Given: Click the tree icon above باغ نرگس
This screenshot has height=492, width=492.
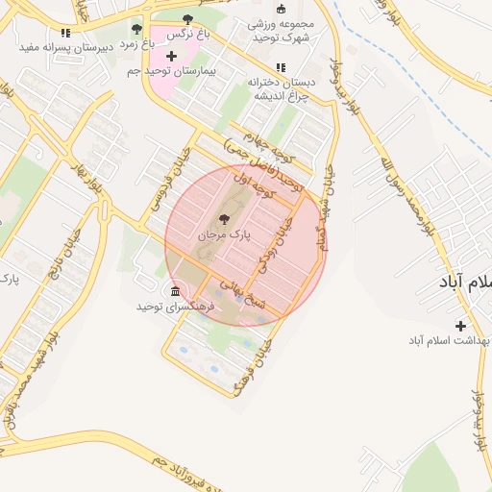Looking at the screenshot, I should click(186, 18).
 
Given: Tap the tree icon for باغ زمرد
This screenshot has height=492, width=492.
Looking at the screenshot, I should click(135, 29).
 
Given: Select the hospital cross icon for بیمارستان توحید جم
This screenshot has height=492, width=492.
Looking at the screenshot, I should click(171, 57).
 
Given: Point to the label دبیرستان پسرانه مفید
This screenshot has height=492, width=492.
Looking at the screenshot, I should click(65, 45).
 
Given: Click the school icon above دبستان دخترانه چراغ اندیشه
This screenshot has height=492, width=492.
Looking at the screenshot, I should click(281, 67).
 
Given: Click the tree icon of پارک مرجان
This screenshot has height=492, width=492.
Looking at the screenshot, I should click(224, 219).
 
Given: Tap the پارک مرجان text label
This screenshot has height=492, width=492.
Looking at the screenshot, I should click(224, 234).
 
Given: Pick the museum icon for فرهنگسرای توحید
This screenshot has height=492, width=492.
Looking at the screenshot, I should click(174, 291).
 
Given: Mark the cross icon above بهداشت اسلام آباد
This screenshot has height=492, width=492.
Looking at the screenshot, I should click(460, 326).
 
